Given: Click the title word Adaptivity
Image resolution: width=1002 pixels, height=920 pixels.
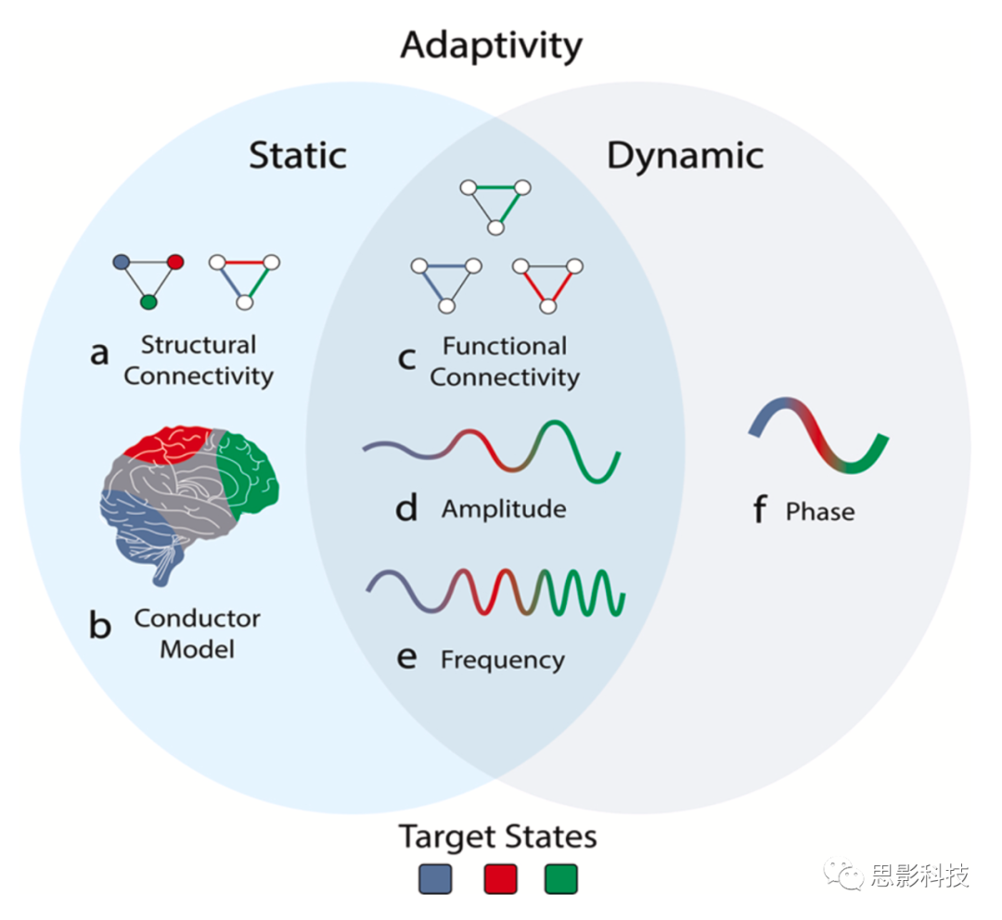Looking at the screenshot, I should pos(491,45).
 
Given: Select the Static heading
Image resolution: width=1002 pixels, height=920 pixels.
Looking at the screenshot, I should pos(297,155).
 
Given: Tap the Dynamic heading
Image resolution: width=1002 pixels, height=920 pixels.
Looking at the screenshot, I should pos(685,155).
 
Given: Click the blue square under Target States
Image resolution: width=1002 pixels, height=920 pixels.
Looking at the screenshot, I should pos(435,877).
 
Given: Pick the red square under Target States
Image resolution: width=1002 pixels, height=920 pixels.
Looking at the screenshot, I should pos(500,877).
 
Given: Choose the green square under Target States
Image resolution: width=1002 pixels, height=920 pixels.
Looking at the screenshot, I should pos(561,877).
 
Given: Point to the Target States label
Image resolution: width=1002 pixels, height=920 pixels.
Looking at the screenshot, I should pos(498,837).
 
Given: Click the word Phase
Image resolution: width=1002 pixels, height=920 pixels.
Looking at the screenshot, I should pos(819,511).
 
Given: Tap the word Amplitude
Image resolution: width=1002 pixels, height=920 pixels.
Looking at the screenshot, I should pos(504,509).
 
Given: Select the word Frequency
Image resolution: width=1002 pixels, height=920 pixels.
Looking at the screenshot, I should pos(502,660).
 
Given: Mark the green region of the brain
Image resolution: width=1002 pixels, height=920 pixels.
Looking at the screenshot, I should pos(248,477).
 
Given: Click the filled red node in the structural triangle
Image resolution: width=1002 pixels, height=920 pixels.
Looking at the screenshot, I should pos(174,262).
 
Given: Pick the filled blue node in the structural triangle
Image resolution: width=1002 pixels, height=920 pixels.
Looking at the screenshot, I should pos(121,262).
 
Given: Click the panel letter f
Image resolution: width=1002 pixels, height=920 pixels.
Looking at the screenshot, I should pos(759,509).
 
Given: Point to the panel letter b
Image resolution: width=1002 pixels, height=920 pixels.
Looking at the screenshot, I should pos(99,626).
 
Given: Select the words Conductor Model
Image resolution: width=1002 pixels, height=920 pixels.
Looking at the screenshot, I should pos(197,632).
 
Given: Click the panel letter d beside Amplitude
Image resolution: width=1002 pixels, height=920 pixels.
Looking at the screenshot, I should pos(406,508).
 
